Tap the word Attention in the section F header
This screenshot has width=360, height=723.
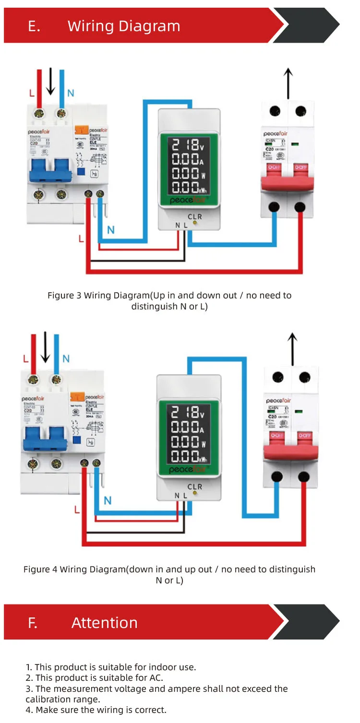pyautogui.click(x=104, y=623)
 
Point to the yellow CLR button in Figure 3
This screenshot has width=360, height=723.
pyautogui.click(x=195, y=223)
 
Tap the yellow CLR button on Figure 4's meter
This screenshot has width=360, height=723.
pyautogui.click(x=195, y=493)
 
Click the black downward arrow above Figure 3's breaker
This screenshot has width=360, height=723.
pyautogui.click(x=50, y=82)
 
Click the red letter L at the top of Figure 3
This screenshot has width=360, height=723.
pyautogui.click(x=32, y=93)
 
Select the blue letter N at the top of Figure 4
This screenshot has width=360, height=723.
pyautogui.click(x=66, y=359)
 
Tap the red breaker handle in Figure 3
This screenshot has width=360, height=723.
pyautogui.click(x=287, y=177)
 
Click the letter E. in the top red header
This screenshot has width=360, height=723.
pyautogui.click(x=34, y=26)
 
